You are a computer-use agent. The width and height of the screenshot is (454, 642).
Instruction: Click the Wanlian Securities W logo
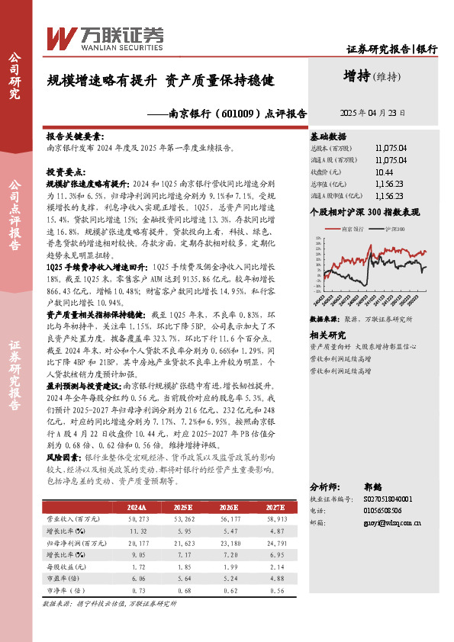(x=60, y=37)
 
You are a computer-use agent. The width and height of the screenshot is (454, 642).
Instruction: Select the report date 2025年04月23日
(x=372, y=112)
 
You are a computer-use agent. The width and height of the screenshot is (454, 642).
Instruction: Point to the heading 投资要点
(x=66, y=173)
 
